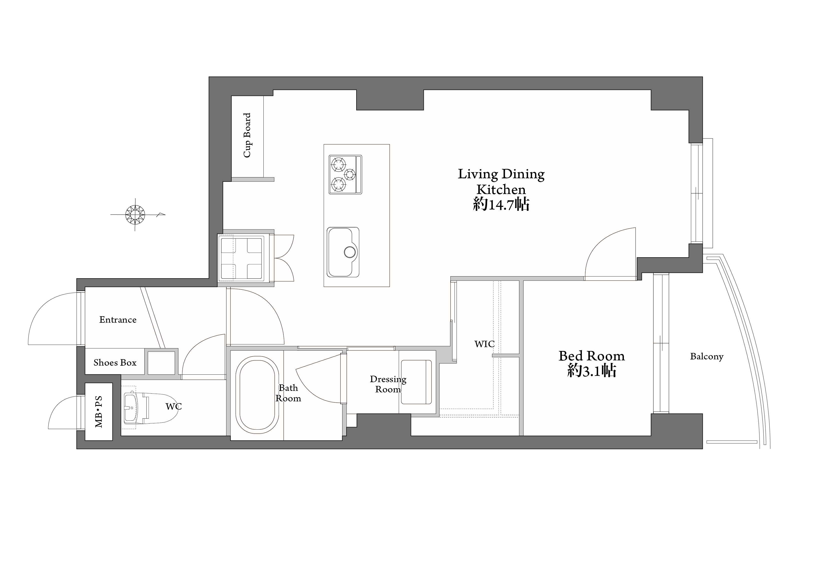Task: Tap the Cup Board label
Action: point(247,135)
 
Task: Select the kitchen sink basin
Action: point(343,252)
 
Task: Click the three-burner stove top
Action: point(345,174)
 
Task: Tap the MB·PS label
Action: point(99,412)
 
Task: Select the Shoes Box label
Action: point(115,363)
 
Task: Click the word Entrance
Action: point(118,320)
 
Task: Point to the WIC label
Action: point(484,344)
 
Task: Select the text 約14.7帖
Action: point(501,204)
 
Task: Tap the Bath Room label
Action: point(288,393)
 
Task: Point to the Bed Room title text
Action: point(592,356)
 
